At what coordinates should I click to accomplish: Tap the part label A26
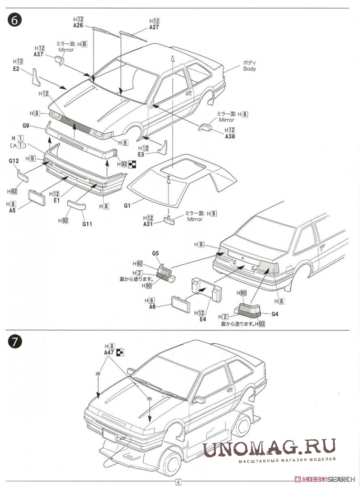(x=78, y=26)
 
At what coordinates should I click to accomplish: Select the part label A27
(x=154, y=28)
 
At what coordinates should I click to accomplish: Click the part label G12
(x=13, y=161)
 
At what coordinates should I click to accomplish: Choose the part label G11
(x=87, y=223)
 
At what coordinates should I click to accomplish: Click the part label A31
(x=148, y=223)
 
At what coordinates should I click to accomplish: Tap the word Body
(x=249, y=69)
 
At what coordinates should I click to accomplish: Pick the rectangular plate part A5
(x=37, y=197)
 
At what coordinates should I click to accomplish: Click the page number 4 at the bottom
(x=178, y=482)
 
